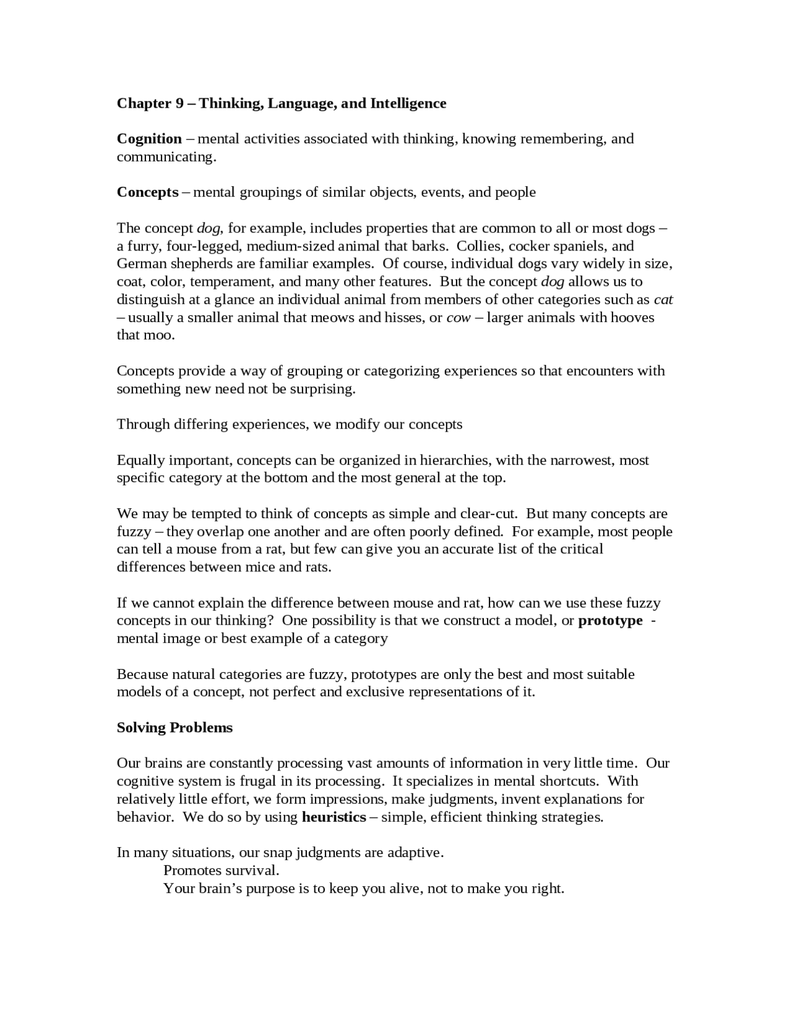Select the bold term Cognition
pos(149,139)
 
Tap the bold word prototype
pos(610,620)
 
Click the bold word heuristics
pos(334,817)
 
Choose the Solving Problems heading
pos(174,727)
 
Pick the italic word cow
pos(458,317)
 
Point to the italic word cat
pos(663,299)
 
